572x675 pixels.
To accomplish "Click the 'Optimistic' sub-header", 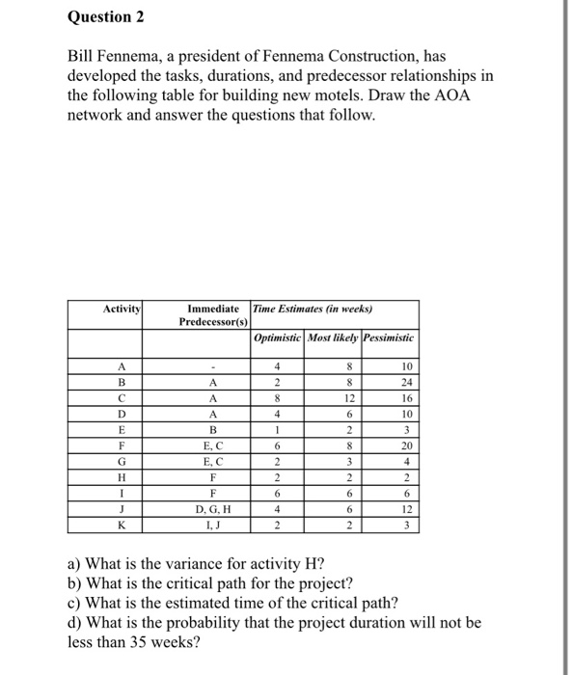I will point(277,339).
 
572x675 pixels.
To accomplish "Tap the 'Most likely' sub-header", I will point(333,339).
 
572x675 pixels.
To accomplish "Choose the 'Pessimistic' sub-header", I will point(390,339).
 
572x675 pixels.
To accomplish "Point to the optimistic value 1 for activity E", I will point(277,430).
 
